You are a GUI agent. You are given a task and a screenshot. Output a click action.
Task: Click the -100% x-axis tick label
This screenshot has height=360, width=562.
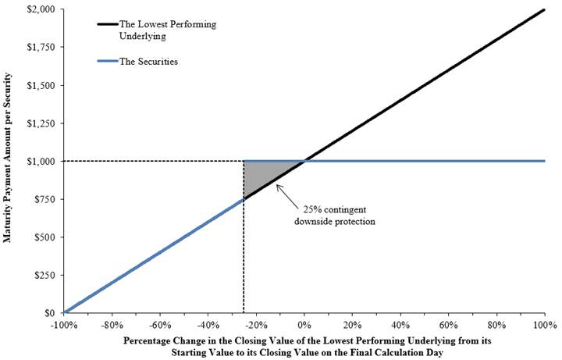[64, 325]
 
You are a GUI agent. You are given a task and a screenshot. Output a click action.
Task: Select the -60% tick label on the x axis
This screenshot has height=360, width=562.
[160, 325]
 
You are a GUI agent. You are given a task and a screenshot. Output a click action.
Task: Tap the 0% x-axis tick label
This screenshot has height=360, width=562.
[304, 325]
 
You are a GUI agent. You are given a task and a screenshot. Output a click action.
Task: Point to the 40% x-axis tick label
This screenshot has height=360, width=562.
[400, 325]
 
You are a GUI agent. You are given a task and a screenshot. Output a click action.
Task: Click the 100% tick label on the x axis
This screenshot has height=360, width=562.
[545, 325]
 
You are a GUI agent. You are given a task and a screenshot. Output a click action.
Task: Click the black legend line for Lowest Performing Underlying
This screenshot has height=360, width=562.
[108, 24]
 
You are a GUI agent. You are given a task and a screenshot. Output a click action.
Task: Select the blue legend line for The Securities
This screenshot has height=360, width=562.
[108, 62]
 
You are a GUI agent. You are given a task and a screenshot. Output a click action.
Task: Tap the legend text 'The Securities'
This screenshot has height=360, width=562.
[149, 62]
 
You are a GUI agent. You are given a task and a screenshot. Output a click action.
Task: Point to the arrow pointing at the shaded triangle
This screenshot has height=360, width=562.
[286, 196]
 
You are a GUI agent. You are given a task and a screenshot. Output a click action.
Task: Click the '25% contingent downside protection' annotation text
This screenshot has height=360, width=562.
[335, 216]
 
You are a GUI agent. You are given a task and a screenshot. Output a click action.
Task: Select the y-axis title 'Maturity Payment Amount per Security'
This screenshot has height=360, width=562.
[7, 158]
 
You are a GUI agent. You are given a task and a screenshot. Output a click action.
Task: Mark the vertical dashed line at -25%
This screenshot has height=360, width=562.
[244, 237]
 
